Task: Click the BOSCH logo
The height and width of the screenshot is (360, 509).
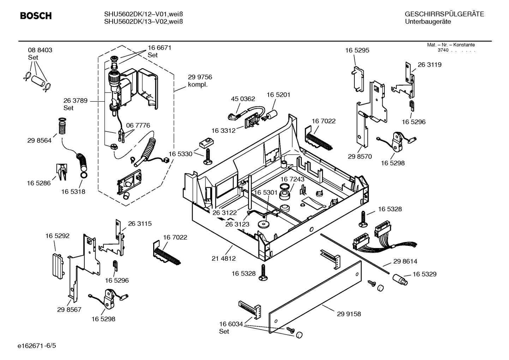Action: click(x=36, y=16)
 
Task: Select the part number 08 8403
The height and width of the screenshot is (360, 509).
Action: click(x=40, y=50)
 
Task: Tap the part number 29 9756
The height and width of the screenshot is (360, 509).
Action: click(x=200, y=77)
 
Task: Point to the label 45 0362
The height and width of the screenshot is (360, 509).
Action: click(x=243, y=99)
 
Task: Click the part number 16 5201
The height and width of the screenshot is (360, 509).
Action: click(x=278, y=95)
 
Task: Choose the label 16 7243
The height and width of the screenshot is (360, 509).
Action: click(x=292, y=179)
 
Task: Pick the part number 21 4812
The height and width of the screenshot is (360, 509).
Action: click(x=223, y=259)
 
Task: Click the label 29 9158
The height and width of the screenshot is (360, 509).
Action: click(x=349, y=314)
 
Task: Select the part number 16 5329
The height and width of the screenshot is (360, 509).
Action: click(x=424, y=274)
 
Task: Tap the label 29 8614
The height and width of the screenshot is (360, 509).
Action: click(x=405, y=261)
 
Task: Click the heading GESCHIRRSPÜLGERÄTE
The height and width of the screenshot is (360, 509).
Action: click(x=444, y=14)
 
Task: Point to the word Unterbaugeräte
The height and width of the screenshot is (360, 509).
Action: click(x=427, y=22)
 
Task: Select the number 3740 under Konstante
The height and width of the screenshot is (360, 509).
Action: click(x=443, y=50)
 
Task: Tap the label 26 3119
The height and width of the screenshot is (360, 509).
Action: click(x=429, y=65)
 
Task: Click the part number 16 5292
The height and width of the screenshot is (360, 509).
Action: click(x=57, y=236)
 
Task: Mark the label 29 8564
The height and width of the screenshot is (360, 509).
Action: click(x=39, y=141)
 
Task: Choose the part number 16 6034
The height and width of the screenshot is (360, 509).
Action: click(x=231, y=324)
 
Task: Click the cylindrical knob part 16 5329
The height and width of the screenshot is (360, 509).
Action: click(x=400, y=279)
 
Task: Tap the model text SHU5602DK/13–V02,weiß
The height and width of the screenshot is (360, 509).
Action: click(x=143, y=22)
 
